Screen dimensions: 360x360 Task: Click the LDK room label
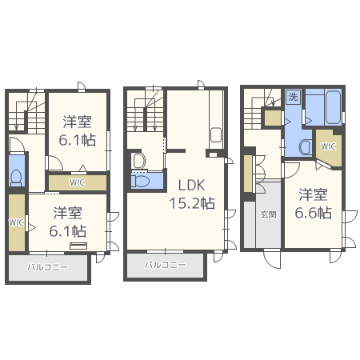click(191, 185)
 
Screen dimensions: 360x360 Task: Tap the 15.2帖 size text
click(192, 203)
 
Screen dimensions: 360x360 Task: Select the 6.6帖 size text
click(314, 213)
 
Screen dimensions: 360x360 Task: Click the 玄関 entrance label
click(268, 214)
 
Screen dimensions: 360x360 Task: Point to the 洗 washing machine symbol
click(293, 97)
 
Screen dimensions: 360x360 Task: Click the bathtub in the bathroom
click(333, 108)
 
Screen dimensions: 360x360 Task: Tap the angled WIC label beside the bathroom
click(328, 146)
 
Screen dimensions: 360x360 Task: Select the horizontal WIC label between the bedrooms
click(77, 182)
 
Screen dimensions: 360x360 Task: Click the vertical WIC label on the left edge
click(16, 222)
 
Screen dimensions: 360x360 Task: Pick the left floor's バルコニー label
click(48, 267)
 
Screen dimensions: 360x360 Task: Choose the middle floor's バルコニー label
click(165, 265)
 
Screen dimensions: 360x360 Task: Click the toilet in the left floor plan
click(16, 178)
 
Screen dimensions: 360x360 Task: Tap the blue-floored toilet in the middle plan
click(141, 182)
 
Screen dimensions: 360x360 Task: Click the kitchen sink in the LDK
click(216, 135)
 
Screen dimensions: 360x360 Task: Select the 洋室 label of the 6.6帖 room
click(313, 194)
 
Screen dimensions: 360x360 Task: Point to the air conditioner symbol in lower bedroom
click(78, 246)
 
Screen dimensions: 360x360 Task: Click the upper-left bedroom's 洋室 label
click(77, 122)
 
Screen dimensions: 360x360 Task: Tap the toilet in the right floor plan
click(306, 146)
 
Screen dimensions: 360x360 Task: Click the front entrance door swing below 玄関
click(272, 259)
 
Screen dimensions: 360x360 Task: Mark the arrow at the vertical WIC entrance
click(32, 227)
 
